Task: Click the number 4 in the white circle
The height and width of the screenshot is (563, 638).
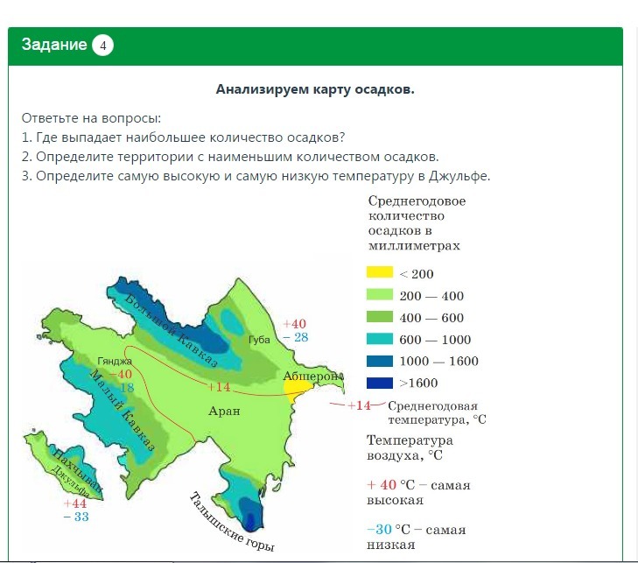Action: (102, 46)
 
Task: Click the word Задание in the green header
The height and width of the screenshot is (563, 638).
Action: (54, 45)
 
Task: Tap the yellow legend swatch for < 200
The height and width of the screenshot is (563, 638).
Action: (380, 272)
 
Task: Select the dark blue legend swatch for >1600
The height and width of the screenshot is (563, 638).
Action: (380, 383)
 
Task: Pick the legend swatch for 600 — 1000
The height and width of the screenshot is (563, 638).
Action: (380, 339)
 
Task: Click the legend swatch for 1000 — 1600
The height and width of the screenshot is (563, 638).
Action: (380, 361)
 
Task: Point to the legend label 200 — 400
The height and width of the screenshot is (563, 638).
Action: (431, 296)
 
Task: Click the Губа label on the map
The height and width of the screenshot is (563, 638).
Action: (259, 340)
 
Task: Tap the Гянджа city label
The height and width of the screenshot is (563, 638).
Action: (115, 361)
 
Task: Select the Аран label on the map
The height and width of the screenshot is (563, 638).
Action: (224, 411)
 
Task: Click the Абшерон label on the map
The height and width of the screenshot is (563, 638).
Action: (313, 377)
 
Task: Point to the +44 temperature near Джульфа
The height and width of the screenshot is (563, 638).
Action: (75, 503)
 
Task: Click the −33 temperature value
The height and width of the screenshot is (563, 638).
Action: (76, 517)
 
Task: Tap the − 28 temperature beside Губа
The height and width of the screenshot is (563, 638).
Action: (296, 337)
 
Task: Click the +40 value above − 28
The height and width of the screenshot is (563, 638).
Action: (294, 324)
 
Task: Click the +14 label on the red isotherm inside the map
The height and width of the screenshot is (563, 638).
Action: (219, 387)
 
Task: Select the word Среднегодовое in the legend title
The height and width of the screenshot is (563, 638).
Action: (417, 201)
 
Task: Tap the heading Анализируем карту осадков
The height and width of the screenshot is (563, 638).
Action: (315, 89)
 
